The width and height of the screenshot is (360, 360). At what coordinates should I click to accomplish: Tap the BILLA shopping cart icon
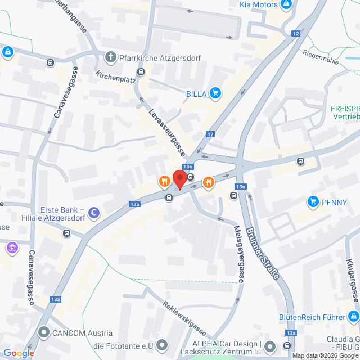coord(214,93)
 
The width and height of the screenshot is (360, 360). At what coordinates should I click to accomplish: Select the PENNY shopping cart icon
coord(313,201)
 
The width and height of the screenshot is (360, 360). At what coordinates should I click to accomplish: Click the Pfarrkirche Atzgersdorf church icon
coord(110,57)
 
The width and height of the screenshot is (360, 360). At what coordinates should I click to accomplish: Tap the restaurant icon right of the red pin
coord(208,181)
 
